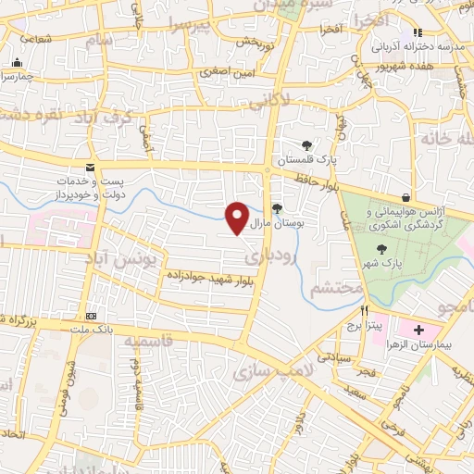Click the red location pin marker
(x=238, y=217)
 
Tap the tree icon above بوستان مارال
(x=277, y=207)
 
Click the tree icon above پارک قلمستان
(x=307, y=144)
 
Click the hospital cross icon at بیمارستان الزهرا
(x=418, y=330)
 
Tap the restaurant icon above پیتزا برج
(x=366, y=311)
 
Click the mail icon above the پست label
(x=90, y=167)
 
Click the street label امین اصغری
(x=224, y=70)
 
